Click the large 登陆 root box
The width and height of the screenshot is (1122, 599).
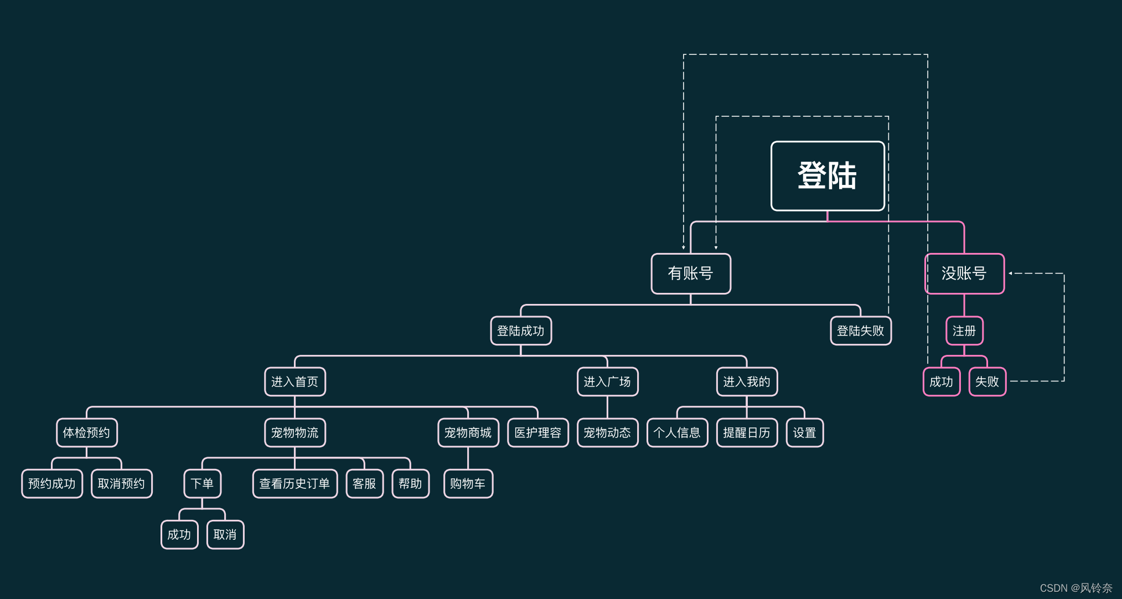827,176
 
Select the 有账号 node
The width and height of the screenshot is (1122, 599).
690,273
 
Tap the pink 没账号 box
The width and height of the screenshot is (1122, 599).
964,273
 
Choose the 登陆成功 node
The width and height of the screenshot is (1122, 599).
520,331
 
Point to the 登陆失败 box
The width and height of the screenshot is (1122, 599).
860,331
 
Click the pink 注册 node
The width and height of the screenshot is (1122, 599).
964,331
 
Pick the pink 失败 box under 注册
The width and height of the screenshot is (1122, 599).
987,382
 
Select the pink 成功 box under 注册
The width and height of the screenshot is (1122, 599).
941,382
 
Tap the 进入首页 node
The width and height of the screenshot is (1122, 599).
294,382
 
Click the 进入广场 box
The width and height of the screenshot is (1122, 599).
607,382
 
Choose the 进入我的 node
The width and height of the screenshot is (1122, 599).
746,382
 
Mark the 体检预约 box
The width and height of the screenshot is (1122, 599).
86,433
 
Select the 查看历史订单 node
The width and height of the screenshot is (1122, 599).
294,484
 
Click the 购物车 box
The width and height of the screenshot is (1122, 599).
468,484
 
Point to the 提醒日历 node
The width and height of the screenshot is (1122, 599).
746,433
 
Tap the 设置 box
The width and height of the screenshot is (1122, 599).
804,433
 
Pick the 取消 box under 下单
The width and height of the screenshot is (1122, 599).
225,535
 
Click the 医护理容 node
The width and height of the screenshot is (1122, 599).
537,433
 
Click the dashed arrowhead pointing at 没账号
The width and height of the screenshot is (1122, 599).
1011,273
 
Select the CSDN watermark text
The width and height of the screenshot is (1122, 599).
1076,588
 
